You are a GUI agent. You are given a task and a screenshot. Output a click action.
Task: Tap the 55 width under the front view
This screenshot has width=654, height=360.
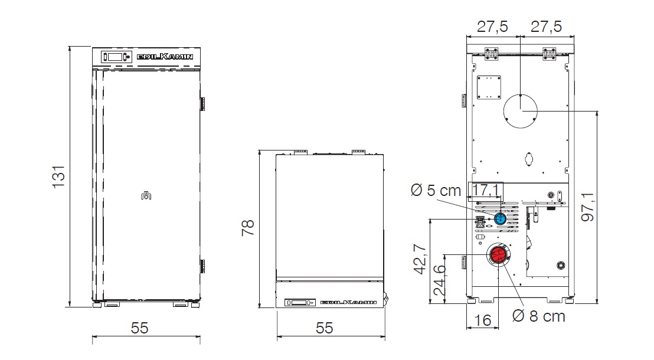click(x=139, y=328)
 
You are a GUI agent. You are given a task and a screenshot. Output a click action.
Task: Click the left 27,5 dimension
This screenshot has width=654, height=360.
click(x=492, y=26)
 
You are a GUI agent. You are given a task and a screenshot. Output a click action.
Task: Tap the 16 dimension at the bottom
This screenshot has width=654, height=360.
click(x=482, y=320)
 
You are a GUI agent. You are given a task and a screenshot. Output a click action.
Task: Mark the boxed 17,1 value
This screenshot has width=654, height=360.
click(x=485, y=190)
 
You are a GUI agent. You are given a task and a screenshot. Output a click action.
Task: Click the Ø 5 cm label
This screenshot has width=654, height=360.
click(x=436, y=191)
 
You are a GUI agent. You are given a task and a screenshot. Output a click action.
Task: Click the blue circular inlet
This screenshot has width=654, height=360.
click(x=500, y=220)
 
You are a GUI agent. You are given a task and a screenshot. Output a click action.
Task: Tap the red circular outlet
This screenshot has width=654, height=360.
click(x=497, y=255)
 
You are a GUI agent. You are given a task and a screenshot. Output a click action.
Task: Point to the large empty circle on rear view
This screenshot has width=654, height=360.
click(x=521, y=110)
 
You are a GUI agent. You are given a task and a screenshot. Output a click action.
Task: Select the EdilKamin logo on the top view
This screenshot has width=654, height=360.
click(x=348, y=303)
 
